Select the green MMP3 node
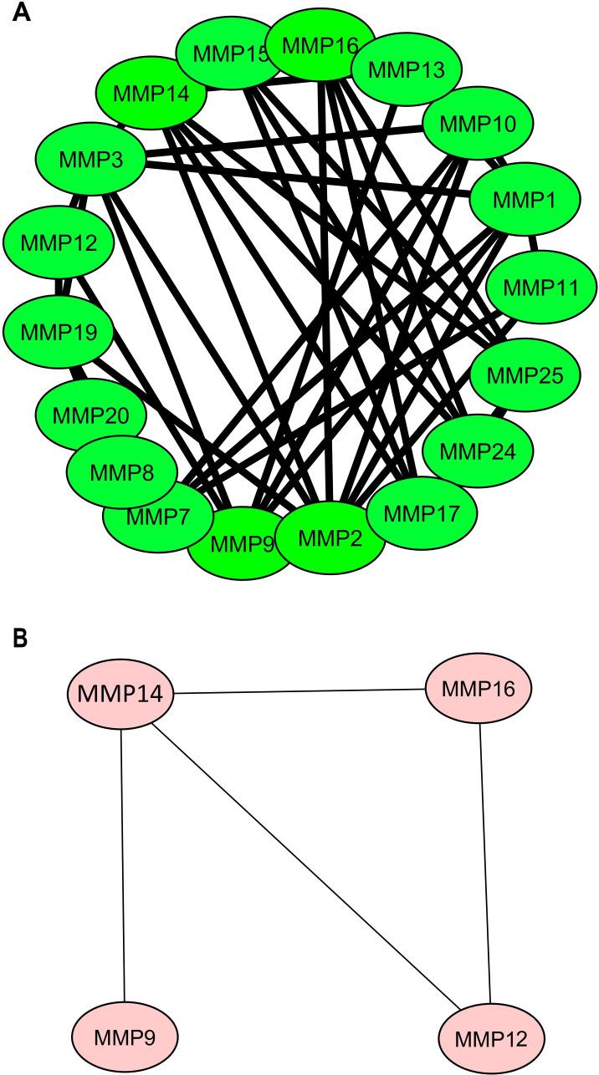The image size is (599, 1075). pos(90,158)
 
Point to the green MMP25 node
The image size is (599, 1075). pos(523,374)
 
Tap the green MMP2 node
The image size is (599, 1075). pos(330,535)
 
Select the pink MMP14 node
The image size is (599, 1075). pos(120,693)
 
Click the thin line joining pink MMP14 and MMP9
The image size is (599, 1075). pos(123,861)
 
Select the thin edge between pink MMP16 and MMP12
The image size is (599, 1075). pos(484,861)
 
